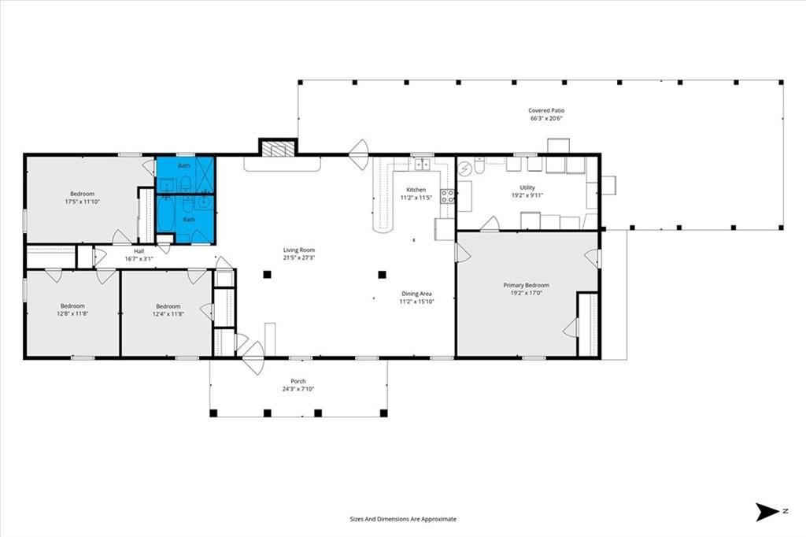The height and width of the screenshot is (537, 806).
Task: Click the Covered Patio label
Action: [x=546, y=110]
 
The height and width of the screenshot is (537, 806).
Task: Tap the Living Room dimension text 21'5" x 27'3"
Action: [x=298, y=257]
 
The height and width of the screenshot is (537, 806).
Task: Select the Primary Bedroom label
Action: [x=526, y=285]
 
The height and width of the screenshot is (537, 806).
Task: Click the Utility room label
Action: [x=527, y=187]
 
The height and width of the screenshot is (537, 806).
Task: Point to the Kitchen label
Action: [x=416, y=190]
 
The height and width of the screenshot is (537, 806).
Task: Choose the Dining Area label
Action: [x=416, y=294]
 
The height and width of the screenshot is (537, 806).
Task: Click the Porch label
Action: [x=298, y=382]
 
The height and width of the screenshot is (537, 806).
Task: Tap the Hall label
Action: [x=139, y=251]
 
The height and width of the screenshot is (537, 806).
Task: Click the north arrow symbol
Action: [x=768, y=511]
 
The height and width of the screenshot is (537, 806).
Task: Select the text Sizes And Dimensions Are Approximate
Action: [x=403, y=519]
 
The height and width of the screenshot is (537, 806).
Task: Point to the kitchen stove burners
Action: [x=447, y=196]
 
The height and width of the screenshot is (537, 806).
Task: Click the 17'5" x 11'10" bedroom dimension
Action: [x=82, y=202]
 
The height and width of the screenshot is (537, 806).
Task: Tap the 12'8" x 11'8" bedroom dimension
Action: [x=72, y=313]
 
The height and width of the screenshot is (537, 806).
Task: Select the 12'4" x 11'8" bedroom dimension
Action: [x=168, y=313]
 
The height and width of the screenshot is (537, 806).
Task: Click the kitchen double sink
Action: [x=423, y=164]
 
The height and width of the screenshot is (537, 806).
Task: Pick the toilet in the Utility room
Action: [x=479, y=165]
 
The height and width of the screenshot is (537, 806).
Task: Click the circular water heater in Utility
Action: [x=464, y=169]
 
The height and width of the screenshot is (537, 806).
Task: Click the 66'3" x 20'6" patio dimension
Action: [x=546, y=118]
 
